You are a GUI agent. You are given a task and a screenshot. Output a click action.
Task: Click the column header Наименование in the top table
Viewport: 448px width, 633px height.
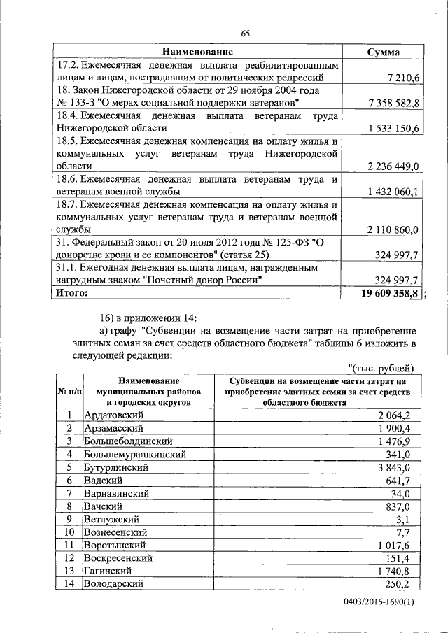[197, 52]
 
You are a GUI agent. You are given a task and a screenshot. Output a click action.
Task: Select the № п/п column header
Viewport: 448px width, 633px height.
[69, 392]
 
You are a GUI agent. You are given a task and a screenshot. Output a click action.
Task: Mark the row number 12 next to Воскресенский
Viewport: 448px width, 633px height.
[69, 557]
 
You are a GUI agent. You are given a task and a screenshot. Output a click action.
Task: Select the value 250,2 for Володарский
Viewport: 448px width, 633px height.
[396, 583]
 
